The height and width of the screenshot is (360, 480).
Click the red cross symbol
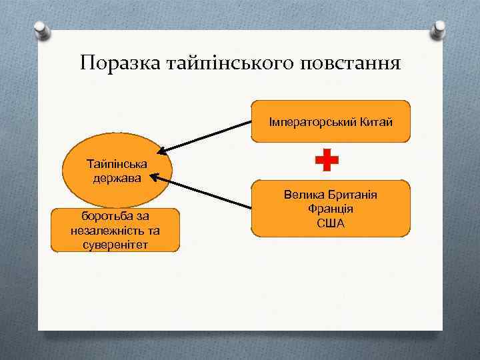pyautogui.click(x=327, y=161)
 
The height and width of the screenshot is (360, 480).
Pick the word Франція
pyautogui.click(x=331, y=209)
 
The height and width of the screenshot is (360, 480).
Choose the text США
pyautogui.click(x=331, y=222)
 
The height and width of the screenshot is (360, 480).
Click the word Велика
pyautogui.click(x=301, y=196)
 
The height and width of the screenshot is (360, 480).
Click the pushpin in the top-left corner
pyautogui.click(x=41, y=31)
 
